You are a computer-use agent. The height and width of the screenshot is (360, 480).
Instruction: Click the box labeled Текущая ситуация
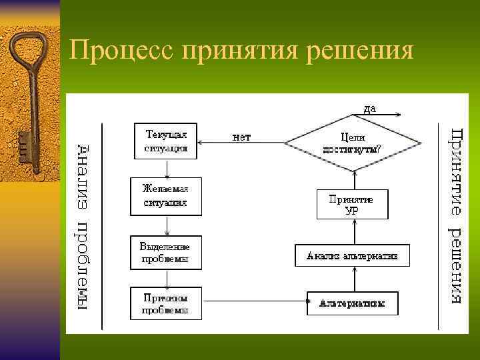coord(166,140)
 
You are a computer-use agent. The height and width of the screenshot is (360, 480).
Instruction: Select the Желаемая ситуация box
coord(166,196)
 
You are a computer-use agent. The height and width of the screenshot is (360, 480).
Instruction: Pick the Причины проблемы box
coord(165,304)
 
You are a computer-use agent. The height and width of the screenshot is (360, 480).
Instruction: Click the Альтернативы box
coord(352,304)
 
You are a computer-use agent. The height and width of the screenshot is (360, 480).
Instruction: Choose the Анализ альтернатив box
coord(352,255)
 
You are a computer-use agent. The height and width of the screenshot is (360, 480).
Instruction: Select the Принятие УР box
coord(352,205)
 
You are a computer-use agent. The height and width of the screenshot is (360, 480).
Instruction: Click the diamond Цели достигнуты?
coord(353,141)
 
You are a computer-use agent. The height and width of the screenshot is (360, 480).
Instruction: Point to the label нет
coord(241,138)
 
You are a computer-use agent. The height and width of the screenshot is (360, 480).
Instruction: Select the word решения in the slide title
coord(360,51)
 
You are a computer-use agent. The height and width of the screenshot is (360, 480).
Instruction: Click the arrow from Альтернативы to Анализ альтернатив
coord(352,279)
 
